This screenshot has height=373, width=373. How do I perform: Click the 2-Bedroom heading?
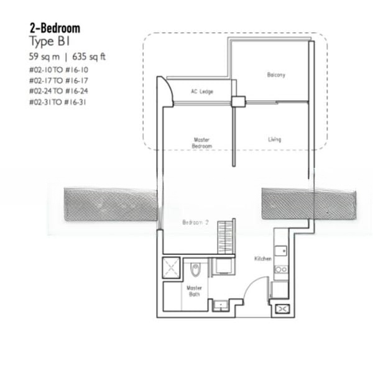[x=55, y=29]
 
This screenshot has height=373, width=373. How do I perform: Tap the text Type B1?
[x=50, y=42]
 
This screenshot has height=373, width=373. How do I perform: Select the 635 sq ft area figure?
[x=89, y=57]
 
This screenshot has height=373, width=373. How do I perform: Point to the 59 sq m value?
[x=44, y=57]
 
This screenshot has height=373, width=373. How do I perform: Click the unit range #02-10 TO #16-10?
[x=58, y=70]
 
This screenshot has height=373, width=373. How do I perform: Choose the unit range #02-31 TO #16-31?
[x=58, y=103]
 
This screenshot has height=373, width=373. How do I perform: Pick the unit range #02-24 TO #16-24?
[x=58, y=91]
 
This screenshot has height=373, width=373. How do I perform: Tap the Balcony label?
[x=276, y=75]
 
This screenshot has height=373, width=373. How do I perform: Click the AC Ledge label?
[x=202, y=91]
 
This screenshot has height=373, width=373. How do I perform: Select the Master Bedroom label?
[x=201, y=143]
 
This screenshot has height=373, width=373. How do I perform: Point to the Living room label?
[x=275, y=139]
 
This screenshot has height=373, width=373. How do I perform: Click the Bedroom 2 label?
[x=195, y=223]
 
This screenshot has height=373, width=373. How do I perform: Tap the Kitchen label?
[x=263, y=259]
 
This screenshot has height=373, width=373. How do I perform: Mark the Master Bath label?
[x=194, y=291]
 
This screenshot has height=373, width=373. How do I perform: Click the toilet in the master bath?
[x=196, y=269]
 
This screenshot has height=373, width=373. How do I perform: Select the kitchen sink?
[x=281, y=251]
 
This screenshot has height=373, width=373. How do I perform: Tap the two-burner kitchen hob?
[x=281, y=270]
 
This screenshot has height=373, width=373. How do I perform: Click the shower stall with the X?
[x=171, y=267]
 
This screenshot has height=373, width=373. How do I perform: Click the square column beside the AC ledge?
[x=238, y=101]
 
